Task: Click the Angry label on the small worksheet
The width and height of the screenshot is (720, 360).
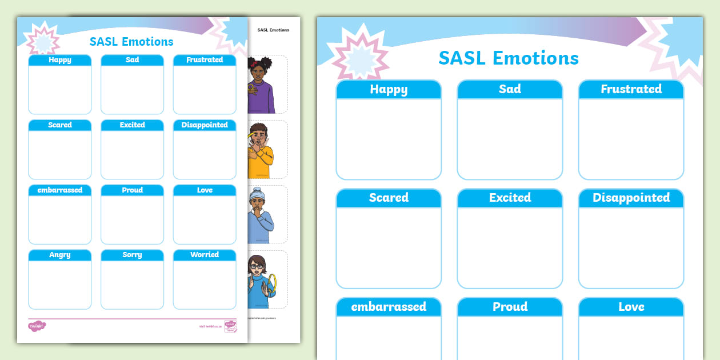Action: pyautogui.click(x=60, y=255)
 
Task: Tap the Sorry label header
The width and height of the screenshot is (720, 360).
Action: pyautogui.click(x=132, y=255)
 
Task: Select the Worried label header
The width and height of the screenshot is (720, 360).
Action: pyautogui.click(x=205, y=255)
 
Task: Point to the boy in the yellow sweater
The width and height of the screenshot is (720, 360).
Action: pyautogui.click(x=261, y=150)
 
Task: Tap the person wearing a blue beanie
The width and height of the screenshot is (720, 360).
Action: pyautogui.click(x=260, y=215)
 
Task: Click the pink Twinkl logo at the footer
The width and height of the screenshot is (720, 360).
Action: pyautogui.click(x=37, y=326)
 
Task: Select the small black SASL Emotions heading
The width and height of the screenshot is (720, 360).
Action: pyautogui.click(x=273, y=30)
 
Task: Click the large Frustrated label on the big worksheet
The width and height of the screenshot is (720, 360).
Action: pyautogui.click(x=631, y=89)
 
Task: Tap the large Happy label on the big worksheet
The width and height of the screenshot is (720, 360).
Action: pyautogui.click(x=389, y=89)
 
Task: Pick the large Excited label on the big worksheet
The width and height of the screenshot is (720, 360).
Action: pyautogui.click(x=510, y=198)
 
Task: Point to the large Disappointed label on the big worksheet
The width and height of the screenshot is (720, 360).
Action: pyautogui.click(x=631, y=198)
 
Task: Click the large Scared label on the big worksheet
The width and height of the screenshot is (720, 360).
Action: pyautogui.click(x=389, y=198)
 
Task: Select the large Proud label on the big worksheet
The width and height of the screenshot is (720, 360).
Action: pyautogui.click(x=510, y=307)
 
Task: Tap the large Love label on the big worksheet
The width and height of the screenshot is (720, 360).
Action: pyautogui.click(x=631, y=307)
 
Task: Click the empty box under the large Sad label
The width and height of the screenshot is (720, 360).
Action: pyautogui.click(x=510, y=139)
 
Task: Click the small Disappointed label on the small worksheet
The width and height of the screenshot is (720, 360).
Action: pyautogui.click(x=205, y=125)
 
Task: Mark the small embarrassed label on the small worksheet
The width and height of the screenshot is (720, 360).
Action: pyautogui.click(x=60, y=190)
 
